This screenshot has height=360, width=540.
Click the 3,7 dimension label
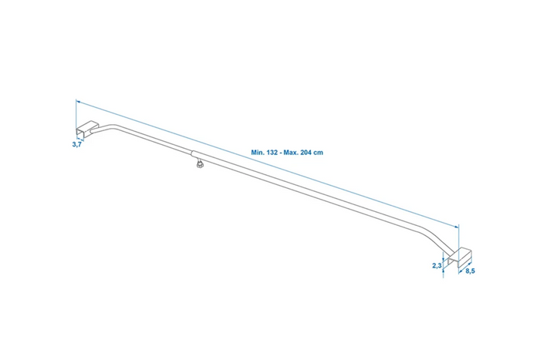click(x=77, y=144)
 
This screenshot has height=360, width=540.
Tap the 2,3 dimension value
click(x=437, y=265)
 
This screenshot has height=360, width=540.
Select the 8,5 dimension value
click(x=470, y=271)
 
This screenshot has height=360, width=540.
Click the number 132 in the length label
click(x=272, y=152)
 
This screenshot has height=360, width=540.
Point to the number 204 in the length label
click(x=305, y=152)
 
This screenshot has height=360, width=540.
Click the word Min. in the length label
click(x=258, y=152)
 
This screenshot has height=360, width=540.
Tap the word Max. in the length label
click(x=291, y=152)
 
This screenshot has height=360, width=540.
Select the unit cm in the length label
click(x=318, y=153)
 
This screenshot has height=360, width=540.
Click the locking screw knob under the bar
click(x=199, y=164)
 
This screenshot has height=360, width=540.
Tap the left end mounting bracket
click(x=86, y=129)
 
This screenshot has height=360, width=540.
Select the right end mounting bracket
click(x=460, y=257)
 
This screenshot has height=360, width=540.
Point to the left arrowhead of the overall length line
click(x=78, y=102)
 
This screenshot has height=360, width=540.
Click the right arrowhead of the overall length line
click(x=457, y=226)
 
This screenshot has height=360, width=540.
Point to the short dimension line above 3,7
click(x=80, y=138)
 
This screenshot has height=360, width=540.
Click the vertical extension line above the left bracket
click(x=76, y=114)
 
